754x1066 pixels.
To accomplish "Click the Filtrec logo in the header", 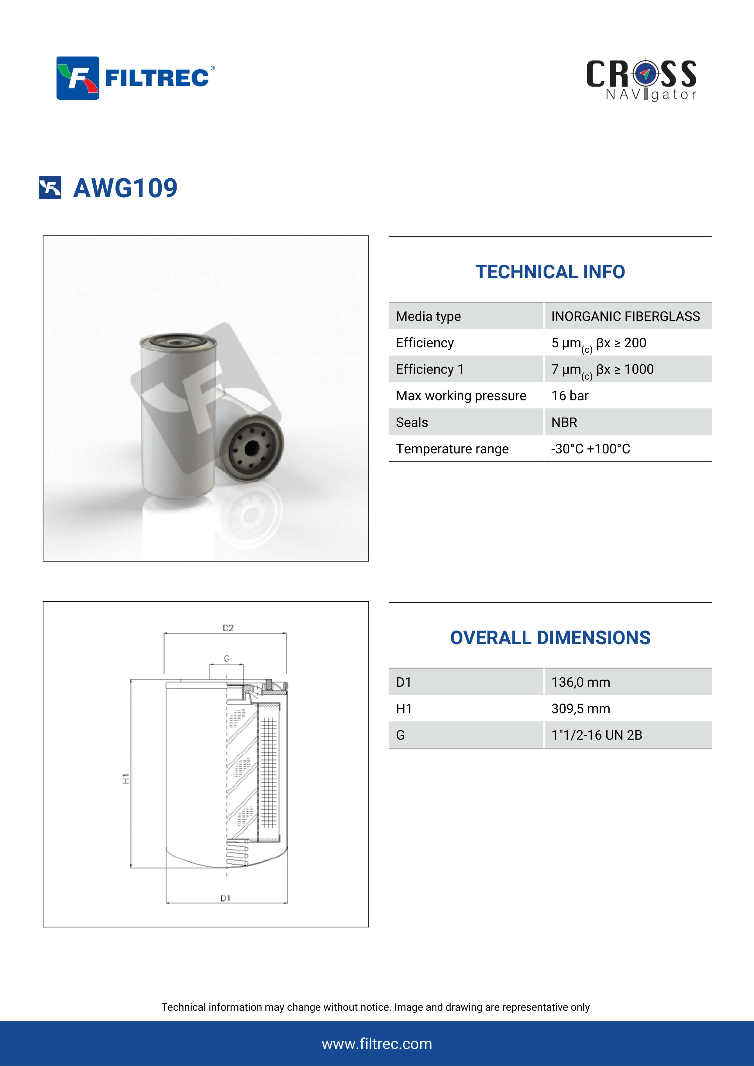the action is pos(135,78).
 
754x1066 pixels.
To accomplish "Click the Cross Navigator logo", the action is pos(641,80).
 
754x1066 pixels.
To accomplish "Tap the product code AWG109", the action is pos(125,188).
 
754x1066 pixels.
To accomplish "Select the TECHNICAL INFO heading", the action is pos(550,272).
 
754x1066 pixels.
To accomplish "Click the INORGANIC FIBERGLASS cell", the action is pos(625,316).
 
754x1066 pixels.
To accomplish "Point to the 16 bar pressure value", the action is pos(570,396).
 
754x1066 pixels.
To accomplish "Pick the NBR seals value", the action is pos(564,422).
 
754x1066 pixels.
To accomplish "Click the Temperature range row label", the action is pos(452,449).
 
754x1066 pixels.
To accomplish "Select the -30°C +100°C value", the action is pos(590,449).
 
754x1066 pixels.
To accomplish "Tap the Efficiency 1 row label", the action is pos(429,369).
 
